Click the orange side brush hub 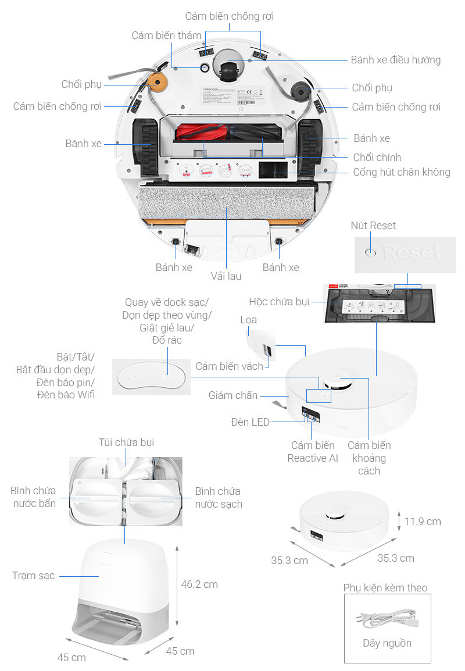click(156, 84)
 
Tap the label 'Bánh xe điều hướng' click(395, 60)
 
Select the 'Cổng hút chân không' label click(402, 172)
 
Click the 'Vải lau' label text click(226, 276)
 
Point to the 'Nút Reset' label click(373, 226)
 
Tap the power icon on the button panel click(135, 376)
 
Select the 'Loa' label click(248, 320)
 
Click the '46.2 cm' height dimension click(199, 584)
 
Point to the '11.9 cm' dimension click(423, 522)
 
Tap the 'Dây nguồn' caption click(387, 643)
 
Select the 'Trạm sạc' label click(34, 576)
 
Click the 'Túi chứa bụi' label click(126, 443)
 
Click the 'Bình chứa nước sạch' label click(218, 498)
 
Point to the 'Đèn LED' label click(250, 422)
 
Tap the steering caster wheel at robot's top click(229, 72)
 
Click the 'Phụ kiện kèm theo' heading click(385, 588)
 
